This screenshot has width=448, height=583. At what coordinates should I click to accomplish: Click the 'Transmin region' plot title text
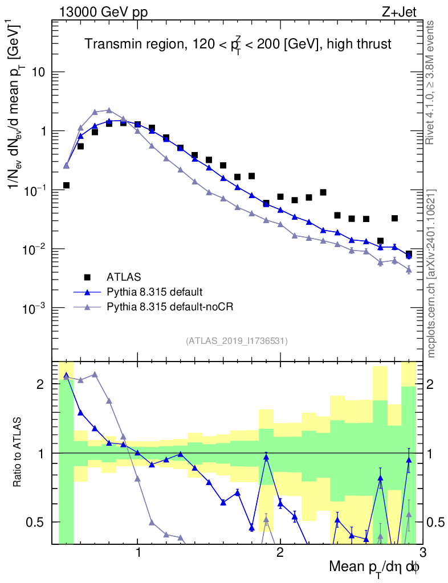pyautogui.click(x=238, y=44)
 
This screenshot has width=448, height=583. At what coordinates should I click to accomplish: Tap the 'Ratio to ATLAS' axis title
pyautogui.click(x=18, y=453)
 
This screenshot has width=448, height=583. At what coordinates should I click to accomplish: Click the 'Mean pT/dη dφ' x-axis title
pyautogui.click(x=374, y=567)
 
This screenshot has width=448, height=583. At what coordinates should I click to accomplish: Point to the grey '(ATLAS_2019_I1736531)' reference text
pyautogui.click(x=237, y=341)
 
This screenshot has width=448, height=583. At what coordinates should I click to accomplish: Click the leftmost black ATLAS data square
pyautogui.click(x=66, y=185)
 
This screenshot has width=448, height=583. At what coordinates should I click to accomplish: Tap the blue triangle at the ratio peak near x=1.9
pyautogui.click(x=266, y=457)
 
